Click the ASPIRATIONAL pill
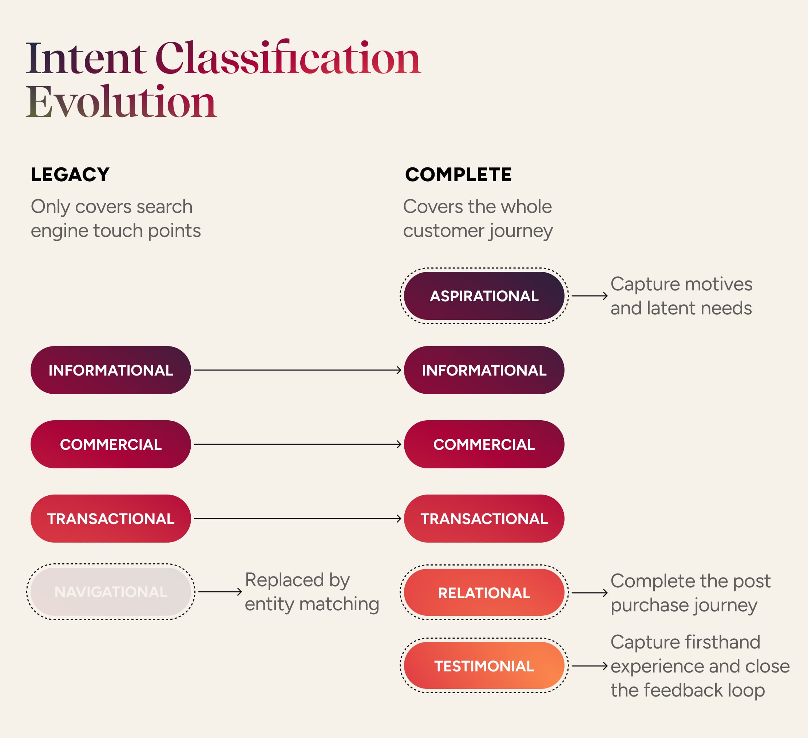(x=484, y=296)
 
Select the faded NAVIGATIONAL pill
(x=111, y=592)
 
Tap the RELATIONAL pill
(x=484, y=592)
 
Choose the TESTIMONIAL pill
(x=484, y=666)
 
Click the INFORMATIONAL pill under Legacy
(x=111, y=370)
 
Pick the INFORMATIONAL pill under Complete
(x=484, y=370)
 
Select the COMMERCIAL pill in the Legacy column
(x=111, y=444)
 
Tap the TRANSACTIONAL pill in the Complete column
(x=484, y=519)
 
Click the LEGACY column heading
(x=70, y=175)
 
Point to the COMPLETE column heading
(x=458, y=175)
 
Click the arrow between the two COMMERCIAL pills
(x=297, y=444)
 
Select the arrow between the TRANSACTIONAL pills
(x=297, y=519)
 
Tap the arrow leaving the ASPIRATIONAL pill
(x=589, y=296)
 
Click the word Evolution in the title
(x=121, y=102)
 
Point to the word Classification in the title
(x=288, y=59)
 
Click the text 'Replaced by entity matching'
(x=312, y=592)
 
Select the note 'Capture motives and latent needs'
(x=681, y=296)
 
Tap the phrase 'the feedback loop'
(x=688, y=690)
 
